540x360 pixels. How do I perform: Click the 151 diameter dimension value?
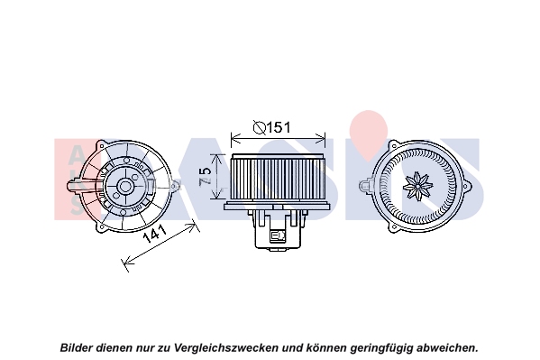tap(279, 127)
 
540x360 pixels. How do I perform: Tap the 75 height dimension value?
tap(205, 176)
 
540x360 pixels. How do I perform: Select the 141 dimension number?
tap(155, 235)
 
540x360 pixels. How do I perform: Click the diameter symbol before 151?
tap(260, 127)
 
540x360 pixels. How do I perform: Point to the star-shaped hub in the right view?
tap(417, 186)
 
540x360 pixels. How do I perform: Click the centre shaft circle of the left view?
tap(124, 187)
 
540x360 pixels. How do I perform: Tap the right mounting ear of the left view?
tap(176, 187)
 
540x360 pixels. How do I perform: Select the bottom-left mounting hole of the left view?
tap(100, 227)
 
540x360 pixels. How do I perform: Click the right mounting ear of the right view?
tap(468, 187)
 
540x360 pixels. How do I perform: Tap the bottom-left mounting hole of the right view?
tap(393, 227)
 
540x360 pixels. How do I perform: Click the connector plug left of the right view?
tap(366, 185)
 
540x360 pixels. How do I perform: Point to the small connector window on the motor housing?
tap(278, 235)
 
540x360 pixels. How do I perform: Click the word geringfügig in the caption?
tap(380, 347)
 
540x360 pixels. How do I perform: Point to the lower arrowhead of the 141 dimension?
tap(127, 263)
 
